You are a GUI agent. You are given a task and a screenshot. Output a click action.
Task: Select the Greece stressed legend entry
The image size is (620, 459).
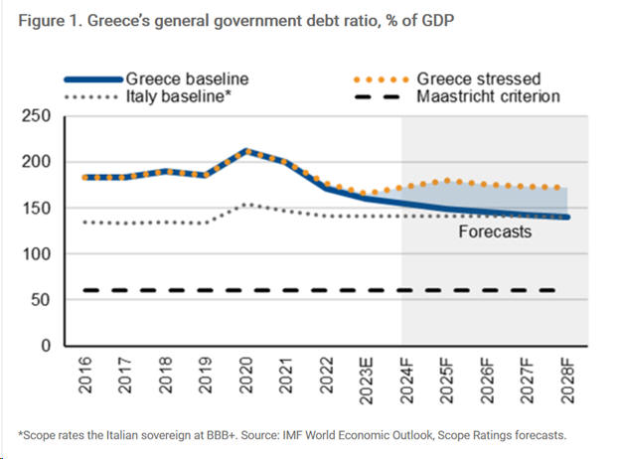pos(478,78)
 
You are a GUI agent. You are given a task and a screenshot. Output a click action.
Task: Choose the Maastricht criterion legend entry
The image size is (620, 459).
pos(486,97)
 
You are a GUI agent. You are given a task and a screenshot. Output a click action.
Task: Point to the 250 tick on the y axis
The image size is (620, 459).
pos(37,116)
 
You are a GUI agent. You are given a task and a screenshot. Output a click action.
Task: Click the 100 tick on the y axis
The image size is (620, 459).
pos(37,253)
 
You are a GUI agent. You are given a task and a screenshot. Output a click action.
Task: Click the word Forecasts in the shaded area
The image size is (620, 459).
pos(494,232)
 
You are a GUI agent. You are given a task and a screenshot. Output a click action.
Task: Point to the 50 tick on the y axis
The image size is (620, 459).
pos(42,299)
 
